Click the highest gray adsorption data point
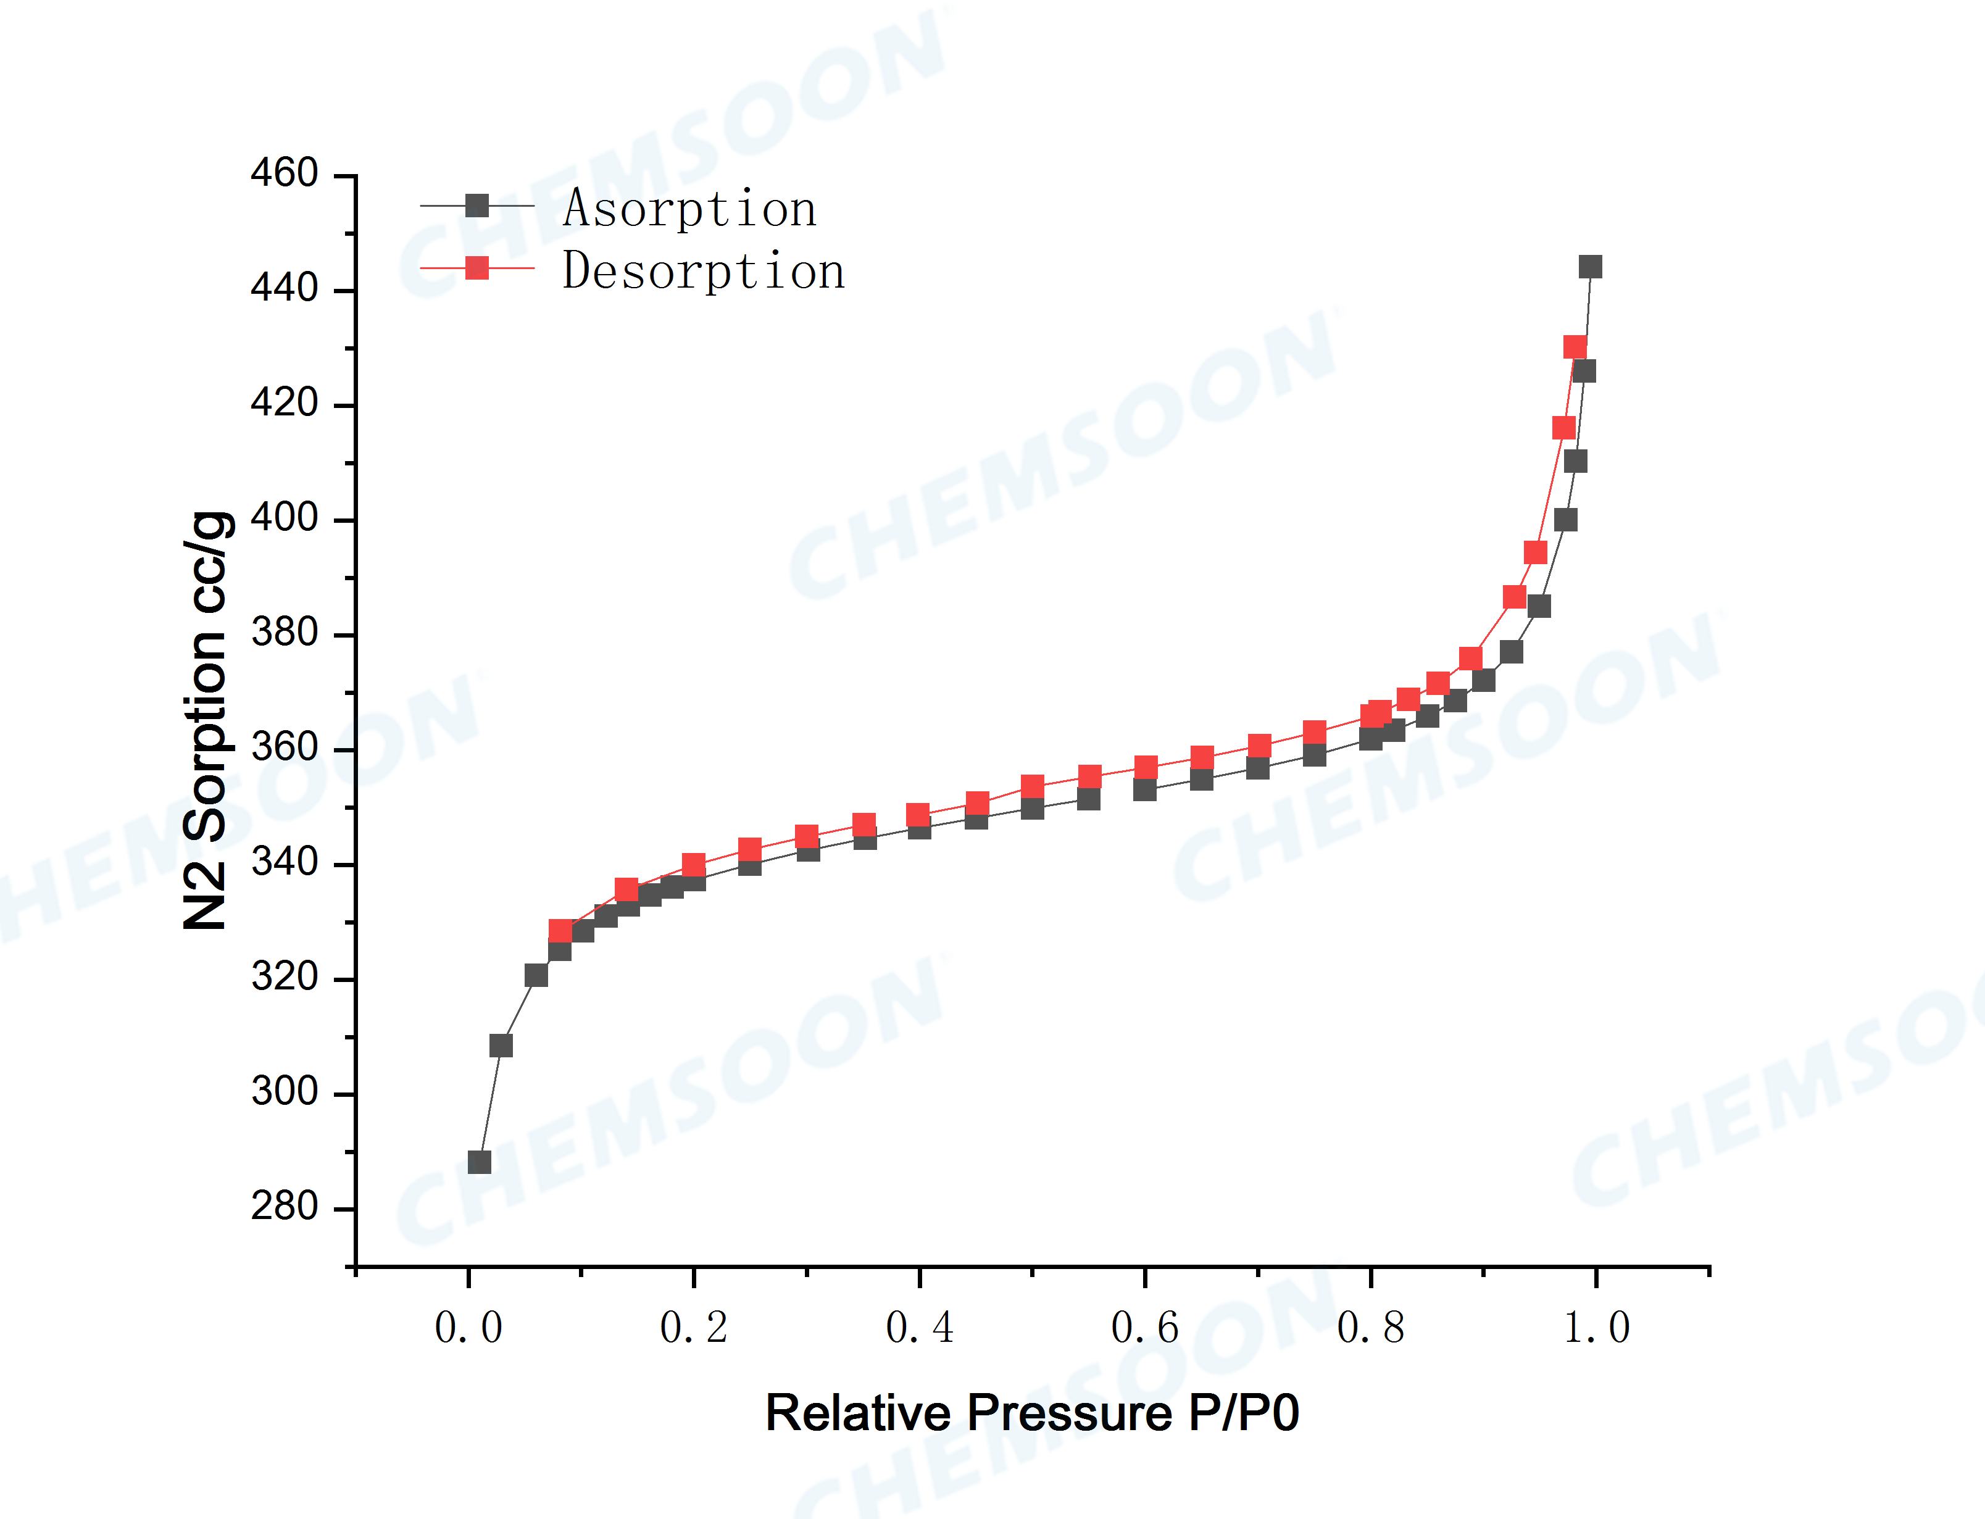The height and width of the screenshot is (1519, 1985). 1590,267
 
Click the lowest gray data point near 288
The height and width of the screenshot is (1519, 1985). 479,1162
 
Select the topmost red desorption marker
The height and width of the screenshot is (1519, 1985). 1575,347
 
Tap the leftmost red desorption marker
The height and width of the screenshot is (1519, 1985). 560,930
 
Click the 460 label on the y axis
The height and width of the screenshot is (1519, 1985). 284,173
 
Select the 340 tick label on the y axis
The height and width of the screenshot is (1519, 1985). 284,862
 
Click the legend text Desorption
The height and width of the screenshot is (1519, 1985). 703,271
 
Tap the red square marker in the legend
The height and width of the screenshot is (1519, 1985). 476,268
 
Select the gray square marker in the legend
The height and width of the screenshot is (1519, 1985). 476,206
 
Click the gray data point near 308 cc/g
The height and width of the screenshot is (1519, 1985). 501,1045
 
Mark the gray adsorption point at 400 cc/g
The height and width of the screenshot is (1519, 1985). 1565,520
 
